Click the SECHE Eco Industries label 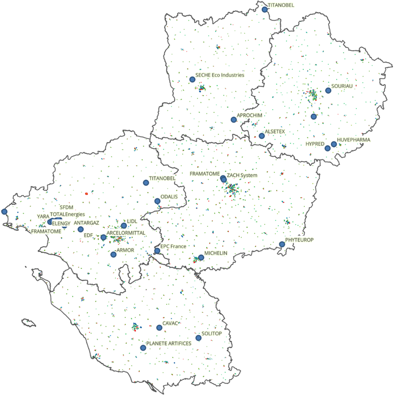[220, 75]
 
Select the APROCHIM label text [249, 115]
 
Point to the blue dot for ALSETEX [262, 136]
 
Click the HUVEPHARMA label [354, 140]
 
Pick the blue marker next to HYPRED [327, 148]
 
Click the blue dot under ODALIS [157, 201]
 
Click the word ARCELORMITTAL [126, 233]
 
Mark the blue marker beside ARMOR [113, 255]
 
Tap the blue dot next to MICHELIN [201, 257]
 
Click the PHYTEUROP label [300, 240]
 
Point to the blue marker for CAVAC [159, 327]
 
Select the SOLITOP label [212, 334]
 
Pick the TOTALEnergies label [67, 214]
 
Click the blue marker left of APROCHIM [234, 120]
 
